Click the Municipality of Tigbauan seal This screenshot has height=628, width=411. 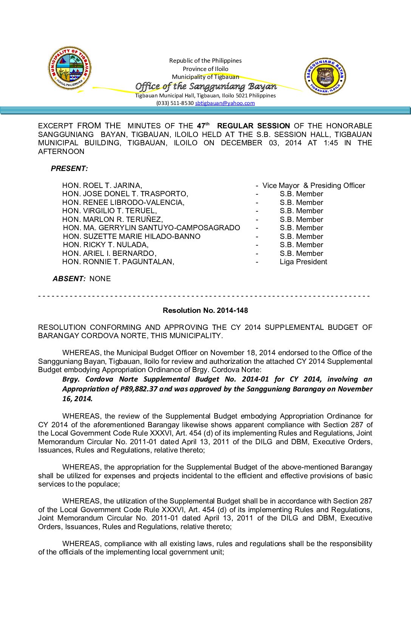point(70,68)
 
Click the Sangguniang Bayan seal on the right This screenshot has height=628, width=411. point(325,76)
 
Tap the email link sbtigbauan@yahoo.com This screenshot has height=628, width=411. point(225,103)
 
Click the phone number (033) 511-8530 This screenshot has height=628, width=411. point(175,103)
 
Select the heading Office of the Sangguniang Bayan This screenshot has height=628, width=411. point(206,86)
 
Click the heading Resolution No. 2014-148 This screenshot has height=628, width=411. point(205,310)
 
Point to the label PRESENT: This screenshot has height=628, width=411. point(70,168)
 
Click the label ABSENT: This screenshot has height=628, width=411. point(69,279)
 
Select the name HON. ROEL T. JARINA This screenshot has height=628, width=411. point(102,185)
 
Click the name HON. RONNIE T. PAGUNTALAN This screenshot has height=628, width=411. point(118,262)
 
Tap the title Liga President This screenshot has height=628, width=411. point(303,262)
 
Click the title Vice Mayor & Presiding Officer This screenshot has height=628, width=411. point(314,185)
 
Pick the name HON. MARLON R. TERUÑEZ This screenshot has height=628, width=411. point(113,219)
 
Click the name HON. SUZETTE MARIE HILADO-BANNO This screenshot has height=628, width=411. point(131,236)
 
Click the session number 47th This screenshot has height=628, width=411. point(203,126)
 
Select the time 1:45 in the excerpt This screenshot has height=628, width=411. point(331,143)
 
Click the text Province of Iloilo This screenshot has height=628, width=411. point(205,69)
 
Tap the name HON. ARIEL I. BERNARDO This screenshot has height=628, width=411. point(109,253)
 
